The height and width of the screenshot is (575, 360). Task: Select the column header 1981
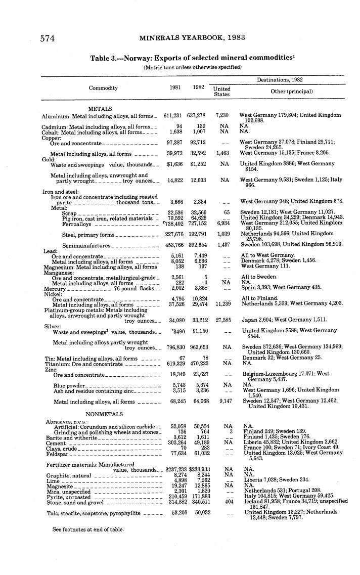point(175,88)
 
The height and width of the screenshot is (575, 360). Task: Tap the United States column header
point(221,92)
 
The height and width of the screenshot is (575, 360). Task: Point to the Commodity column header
point(103,88)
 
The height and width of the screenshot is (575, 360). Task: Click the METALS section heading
point(100,109)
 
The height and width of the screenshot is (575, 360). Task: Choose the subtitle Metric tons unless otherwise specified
point(193,67)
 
